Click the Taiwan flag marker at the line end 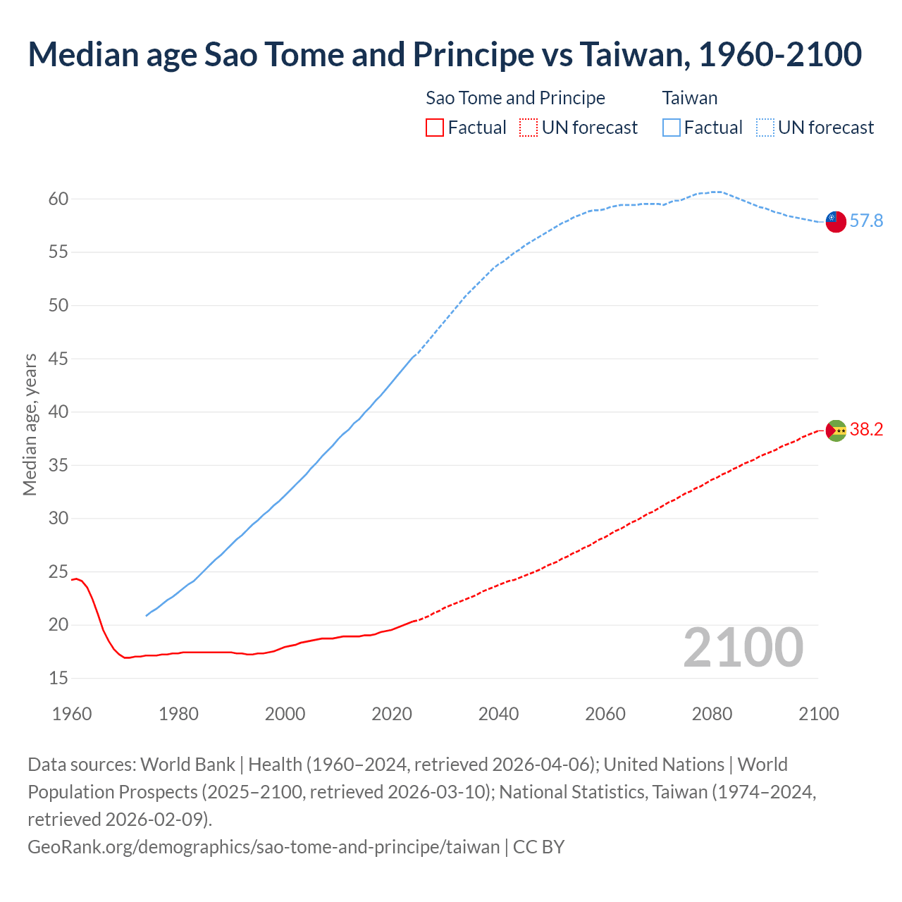coord(835,221)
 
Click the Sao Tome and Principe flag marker coord(835,430)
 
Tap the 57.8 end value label coord(866,221)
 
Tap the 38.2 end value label coord(866,430)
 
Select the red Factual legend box coord(435,128)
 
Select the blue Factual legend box coord(671,128)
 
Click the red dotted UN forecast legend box coord(528,128)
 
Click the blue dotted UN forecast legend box coord(765,128)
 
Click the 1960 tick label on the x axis coord(72,714)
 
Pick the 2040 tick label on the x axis coord(498,714)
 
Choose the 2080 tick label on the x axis coord(712,714)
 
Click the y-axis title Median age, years coord(30,425)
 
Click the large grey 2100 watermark coord(743,648)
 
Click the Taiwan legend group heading coord(689,98)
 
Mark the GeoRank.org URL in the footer coord(263,846)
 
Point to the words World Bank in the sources coord(187,765)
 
